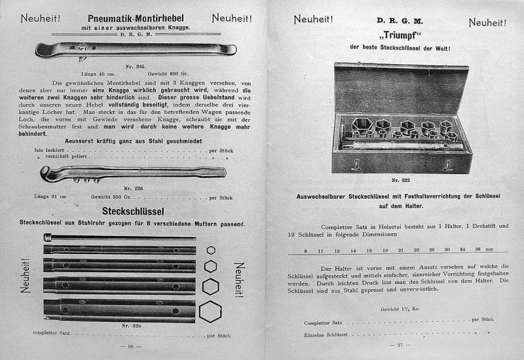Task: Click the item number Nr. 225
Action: (x=134, y=66)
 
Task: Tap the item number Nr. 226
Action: (x=134, y=188)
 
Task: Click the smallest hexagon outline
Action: (x=210, y=249)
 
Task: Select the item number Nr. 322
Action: (x=400, y=179)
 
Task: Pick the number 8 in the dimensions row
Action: (x=305, y=250)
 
